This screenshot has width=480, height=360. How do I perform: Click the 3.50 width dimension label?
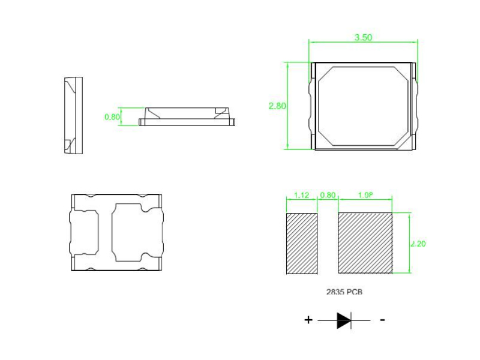pyautogui.click(x=363, y=37)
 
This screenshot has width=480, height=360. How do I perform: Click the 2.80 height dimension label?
pyautogui.click(x=277, y=106)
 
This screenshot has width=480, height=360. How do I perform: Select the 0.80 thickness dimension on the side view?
pyautogui.click(x=112, y=117)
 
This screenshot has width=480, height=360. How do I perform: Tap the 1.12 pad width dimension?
pyautogui.click(x=301, y=196)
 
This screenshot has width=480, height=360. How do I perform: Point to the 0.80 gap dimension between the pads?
pyautogui.click(x=328, y=196)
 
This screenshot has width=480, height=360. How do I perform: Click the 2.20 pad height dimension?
pyautogui.click(x=418, y=244)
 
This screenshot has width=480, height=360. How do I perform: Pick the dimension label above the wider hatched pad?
pyautogui.click(x=365, y=196)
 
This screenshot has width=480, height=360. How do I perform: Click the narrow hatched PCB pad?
pyautogui.click(x=301, y=244)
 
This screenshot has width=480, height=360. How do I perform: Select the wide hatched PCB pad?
pyautogui.click(x=365, y=244)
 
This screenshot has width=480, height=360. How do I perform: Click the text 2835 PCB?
pyautogui.click(x=344, y=292)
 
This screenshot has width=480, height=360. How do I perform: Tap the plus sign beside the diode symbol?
pyautogui.click(x=308, y=320)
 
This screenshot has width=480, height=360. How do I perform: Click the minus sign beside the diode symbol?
pyautogui.click(x=382, y=320)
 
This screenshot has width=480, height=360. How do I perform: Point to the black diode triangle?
pyautogui.click(x=343, y=320)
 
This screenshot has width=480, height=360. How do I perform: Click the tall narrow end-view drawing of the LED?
pyautogui.click(x=73, y=116)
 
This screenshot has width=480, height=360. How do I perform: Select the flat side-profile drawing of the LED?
pyautogui.click(x=187, y=116)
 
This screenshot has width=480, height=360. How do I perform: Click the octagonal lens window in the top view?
pyautogui.click(x=362, y=106)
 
